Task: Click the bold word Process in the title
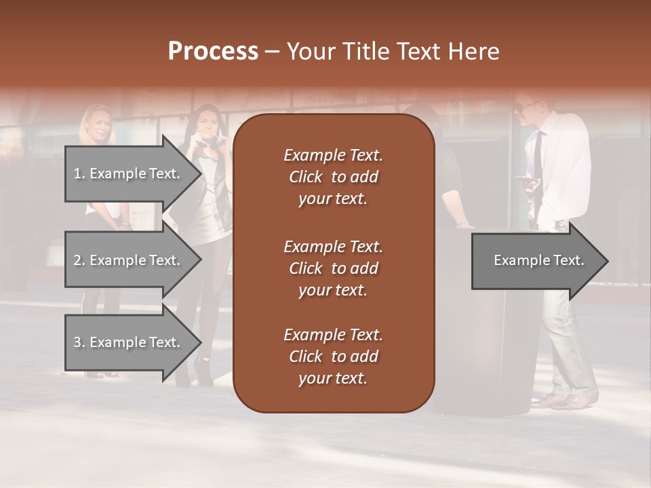[213, 52]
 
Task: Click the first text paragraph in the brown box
[333, 177]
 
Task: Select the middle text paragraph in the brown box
[333, 268]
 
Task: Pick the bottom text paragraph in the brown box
[333, 357]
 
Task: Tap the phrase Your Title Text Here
[393, 52]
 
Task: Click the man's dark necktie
[537, 163]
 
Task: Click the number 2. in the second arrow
[79, 260]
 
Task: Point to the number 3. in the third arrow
[79, 342]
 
